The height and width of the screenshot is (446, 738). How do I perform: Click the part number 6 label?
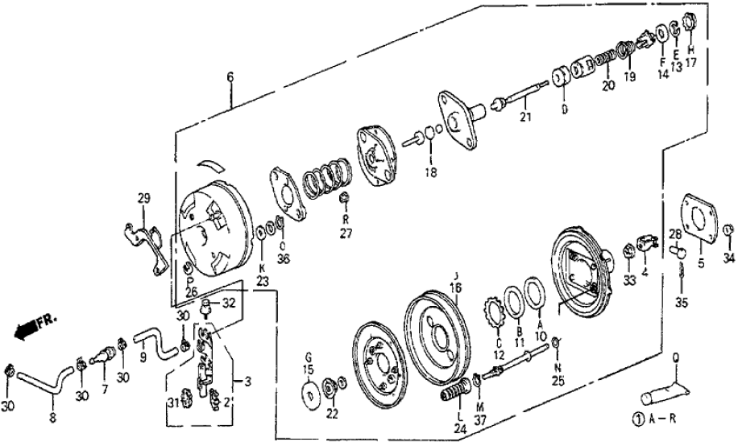pos(230,77)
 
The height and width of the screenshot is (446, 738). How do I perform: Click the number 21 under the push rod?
pos(526,119)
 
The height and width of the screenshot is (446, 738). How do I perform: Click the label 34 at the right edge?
pos(728,258)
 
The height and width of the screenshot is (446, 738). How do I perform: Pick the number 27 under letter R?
pos(345,234)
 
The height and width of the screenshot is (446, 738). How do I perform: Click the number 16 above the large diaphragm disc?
pos(455,287)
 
